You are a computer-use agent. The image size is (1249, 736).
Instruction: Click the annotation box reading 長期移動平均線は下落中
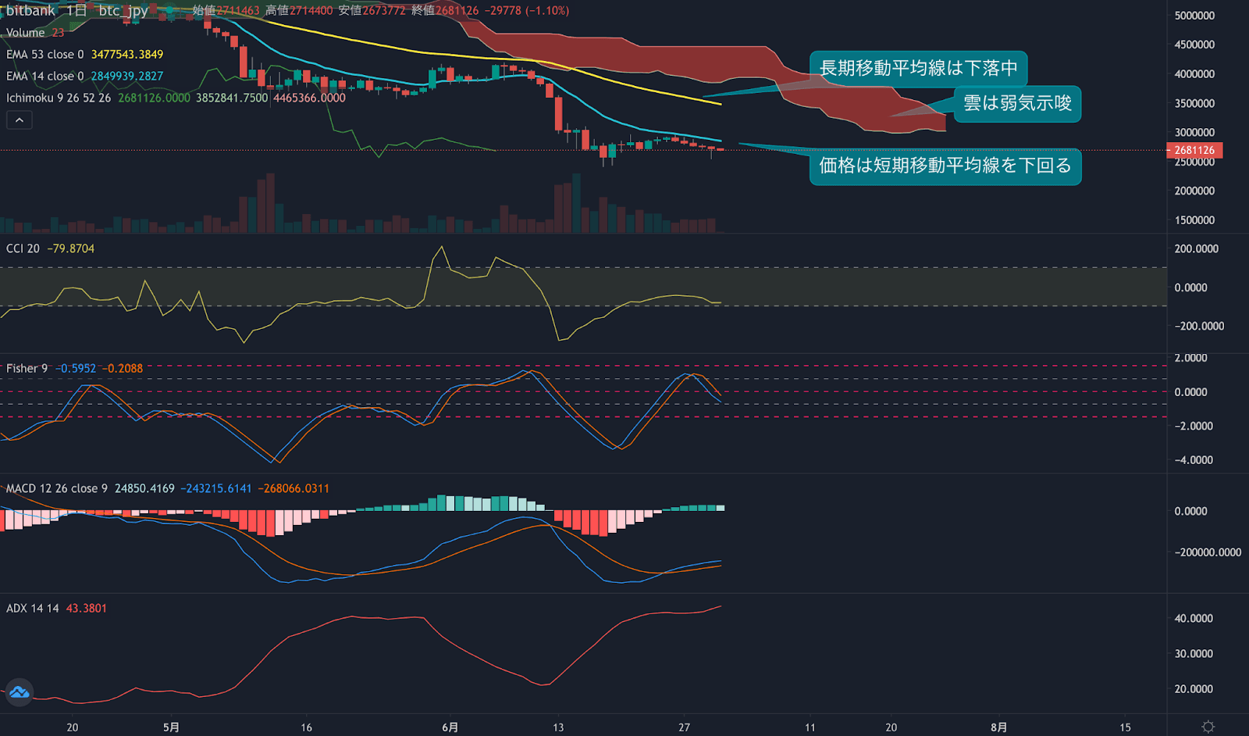pos(918,69)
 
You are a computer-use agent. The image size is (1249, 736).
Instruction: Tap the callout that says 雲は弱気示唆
pos(1017,104)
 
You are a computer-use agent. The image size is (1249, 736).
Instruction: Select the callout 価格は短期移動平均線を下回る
pos(945,166)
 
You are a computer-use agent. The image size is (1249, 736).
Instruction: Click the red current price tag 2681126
pos(1194,150)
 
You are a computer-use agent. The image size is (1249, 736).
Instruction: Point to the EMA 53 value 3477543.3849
pos(127,55)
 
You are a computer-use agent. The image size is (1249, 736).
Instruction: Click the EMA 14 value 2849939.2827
pos(127,77)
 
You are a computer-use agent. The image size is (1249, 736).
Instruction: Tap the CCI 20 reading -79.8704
pos(71,248)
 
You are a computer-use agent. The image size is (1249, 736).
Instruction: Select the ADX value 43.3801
pos(86,609)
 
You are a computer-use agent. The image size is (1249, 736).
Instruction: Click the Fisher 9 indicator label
pos(27,369)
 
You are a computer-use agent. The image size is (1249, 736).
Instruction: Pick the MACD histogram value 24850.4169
pos(144,488)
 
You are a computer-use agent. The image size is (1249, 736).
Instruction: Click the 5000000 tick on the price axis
pos(1194,16)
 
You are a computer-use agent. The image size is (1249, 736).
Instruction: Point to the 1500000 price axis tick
pos(1194,220)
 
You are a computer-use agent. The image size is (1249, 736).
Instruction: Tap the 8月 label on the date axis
pos(998,727)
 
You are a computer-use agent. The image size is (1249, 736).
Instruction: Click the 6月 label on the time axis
pos(450,727)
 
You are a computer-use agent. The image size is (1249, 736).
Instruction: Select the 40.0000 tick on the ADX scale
pos(1194,619)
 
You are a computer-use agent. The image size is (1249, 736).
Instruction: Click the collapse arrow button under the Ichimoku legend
pos(20,120)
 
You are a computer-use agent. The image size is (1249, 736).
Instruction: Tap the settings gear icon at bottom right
pos(1208,727)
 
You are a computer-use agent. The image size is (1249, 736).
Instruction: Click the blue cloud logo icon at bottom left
pos(19,692)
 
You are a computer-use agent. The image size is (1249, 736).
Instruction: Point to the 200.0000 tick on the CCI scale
pos(1196,249)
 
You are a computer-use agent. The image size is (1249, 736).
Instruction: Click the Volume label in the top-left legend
pos(26,33)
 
